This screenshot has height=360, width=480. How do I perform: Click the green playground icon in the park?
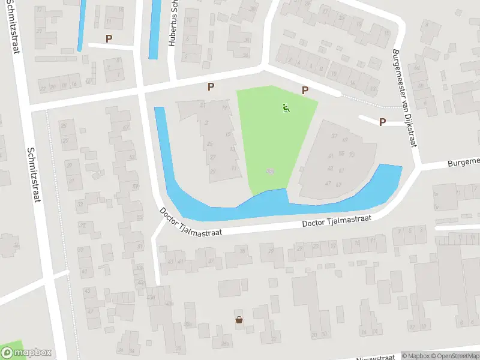click(286, 108)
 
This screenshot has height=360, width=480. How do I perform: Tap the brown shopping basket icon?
click(239, 320)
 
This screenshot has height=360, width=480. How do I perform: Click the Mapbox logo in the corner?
click(26, 353)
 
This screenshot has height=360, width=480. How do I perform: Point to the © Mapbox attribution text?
click(416, 356)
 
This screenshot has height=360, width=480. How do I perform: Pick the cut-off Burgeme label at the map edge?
click(464, 161)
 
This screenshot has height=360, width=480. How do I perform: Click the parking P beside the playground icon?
click(305, 91)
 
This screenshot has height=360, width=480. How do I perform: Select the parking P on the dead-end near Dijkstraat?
click(382, 122)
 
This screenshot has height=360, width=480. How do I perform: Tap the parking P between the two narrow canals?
click(109, 38)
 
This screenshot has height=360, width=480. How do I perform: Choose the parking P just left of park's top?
click(211, 87)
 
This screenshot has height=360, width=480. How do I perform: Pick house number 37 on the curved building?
click(334, 136)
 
